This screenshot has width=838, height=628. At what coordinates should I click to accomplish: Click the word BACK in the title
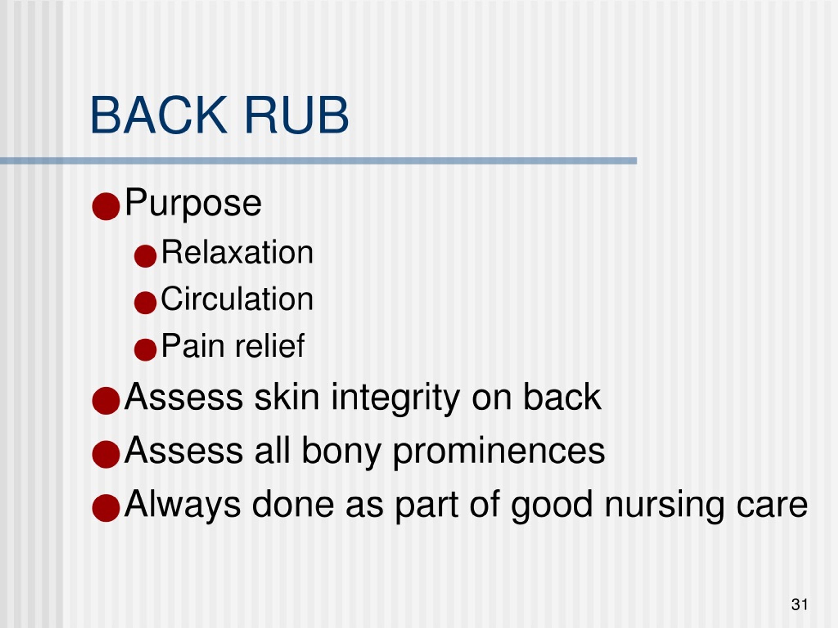pyautogui.click(x=158, y=115)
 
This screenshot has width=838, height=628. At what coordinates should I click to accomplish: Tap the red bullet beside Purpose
pyautogui.click(x=106, y=206)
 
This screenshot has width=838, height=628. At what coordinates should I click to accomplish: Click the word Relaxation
pyautogui.click(x=237, y=253)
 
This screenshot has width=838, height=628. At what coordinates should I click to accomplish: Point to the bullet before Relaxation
pyautogui.click(x=145, y=256)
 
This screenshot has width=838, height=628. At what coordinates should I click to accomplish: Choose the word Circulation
pyautogui.click(x=237, y=299)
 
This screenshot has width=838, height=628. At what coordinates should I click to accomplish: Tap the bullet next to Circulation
pyautogui.click(x=145, y=303)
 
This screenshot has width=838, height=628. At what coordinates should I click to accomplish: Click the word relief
pyautogui.click(x=269, y=346)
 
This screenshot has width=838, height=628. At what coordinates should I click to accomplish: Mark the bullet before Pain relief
pyautogui.click(x=145, y=349)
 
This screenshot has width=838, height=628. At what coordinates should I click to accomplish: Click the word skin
pyautogui.click(x=287, y=397)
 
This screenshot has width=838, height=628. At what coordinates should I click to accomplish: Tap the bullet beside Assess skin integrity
pyautogui.click(x=106, y=400)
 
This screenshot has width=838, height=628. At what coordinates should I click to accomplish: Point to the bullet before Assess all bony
pyautogui.click(x=106, y=454)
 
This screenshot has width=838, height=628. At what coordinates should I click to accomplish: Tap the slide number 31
pyautogui.click(x=799, y=604)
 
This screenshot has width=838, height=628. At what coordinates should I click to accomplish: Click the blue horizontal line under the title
pyautogui.click(x=318, y=161)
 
